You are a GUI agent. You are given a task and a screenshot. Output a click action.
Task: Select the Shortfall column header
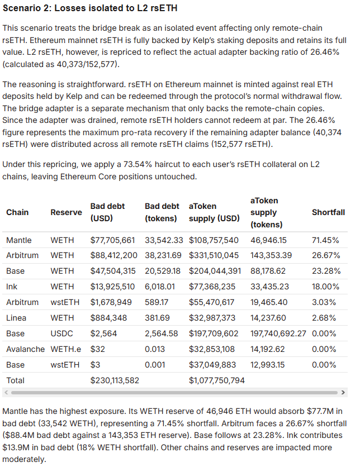pos(328,212)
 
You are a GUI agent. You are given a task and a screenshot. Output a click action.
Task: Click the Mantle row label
pos(19,240)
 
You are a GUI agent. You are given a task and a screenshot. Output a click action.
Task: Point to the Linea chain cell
pos(17,318)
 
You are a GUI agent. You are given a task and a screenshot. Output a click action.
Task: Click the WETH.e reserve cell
pos(65,349)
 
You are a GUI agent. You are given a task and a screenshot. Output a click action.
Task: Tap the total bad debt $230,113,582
pos(115,380)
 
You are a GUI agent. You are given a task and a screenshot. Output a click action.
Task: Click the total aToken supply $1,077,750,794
pos(217,380)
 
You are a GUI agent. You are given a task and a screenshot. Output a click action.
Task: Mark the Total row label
pos(16,380)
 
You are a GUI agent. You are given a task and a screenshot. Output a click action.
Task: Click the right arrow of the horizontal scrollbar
pos(343,392)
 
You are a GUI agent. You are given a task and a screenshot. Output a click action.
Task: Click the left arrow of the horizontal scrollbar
pos(6,392)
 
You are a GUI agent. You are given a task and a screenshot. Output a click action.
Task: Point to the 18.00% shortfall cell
pos(325,287)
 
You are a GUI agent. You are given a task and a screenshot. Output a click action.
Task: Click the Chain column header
pos(17,212)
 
